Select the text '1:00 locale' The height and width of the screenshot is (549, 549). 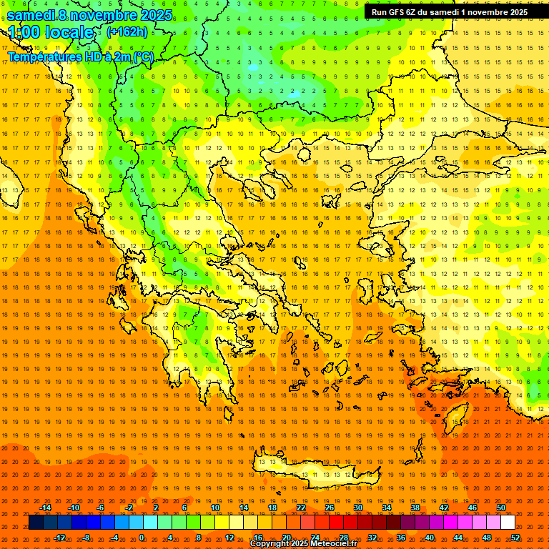51,32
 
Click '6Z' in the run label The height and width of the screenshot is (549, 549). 417,12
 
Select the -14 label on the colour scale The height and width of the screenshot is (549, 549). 45,508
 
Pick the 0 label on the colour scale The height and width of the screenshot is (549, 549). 142,538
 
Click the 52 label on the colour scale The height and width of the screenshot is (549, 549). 515,538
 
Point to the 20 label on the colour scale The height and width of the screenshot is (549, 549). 287,538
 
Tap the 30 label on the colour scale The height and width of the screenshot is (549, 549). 358,508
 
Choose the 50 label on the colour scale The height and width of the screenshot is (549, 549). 501,508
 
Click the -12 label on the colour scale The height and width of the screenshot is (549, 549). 59,538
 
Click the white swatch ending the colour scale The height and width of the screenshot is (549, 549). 508,523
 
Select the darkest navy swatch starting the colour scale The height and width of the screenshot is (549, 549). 36,523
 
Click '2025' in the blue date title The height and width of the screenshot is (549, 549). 154,15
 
